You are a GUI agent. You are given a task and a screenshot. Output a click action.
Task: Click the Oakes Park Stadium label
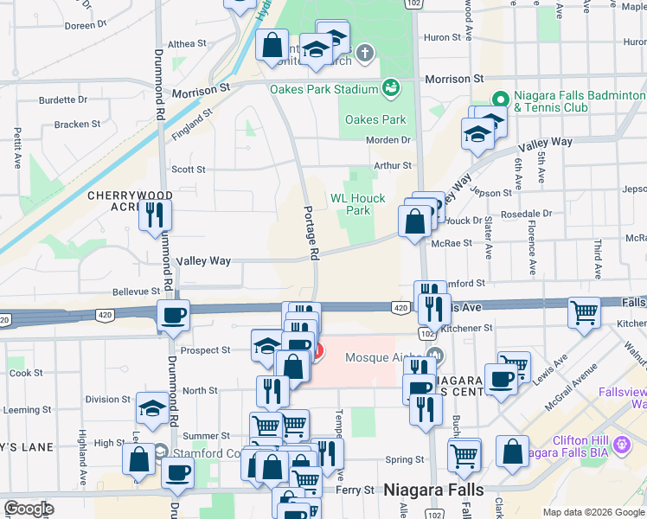324,88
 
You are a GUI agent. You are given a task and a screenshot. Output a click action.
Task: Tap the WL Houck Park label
358,204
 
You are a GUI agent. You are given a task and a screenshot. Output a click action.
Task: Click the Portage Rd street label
313,232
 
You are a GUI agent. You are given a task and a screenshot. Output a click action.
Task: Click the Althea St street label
187,43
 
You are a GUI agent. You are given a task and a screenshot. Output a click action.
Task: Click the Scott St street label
189,170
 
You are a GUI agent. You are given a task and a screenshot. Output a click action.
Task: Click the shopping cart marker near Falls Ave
585,312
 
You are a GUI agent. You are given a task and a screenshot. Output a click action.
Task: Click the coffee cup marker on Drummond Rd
173,316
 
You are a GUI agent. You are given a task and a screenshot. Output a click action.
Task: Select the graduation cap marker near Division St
152,407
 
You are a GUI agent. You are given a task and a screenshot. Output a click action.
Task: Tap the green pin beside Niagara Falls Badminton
499,99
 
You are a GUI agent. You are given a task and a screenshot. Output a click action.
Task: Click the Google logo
29,509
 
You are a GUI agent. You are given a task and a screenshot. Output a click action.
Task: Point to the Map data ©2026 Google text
593,512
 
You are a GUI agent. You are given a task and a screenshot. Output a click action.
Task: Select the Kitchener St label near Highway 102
466,329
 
